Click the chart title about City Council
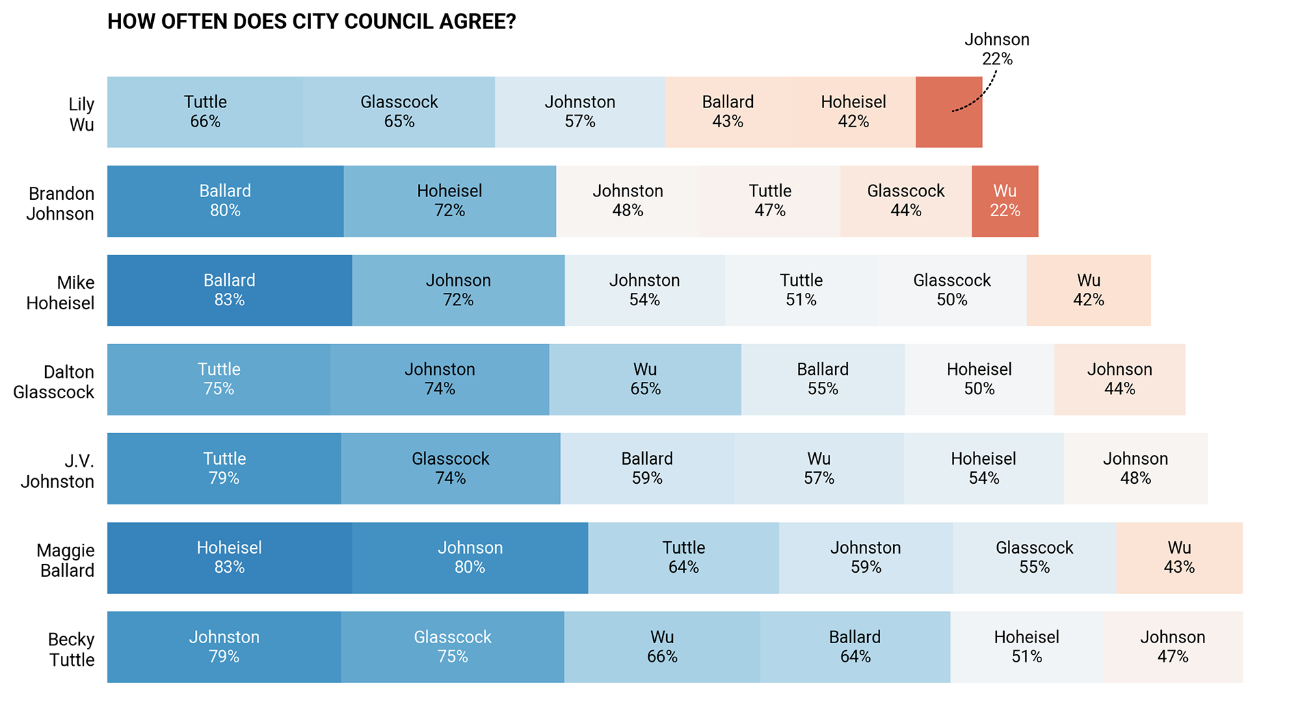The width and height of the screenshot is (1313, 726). click(x=311, y=22)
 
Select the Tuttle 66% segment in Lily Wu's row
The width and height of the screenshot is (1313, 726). click(x=205, y=112)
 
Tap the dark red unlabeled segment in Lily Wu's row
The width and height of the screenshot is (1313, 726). click(x=949, y=112)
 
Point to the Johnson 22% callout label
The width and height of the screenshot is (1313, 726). click(x=996, y=49)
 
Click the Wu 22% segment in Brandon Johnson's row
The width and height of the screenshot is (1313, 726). click(x=1005, y=201)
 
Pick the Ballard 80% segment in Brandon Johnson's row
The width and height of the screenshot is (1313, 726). click(x=225, y=201)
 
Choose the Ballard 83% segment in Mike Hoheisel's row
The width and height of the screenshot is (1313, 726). click(x=229, y=291)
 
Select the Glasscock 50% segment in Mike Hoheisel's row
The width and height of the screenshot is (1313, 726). click(x=951, y=291)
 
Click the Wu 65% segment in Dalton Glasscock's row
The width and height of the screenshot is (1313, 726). click(x=645, y=380)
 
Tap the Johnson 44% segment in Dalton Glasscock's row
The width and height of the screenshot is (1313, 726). click(x=1119, y=380)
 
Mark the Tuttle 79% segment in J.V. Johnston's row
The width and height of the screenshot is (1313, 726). click(x=224, y=469)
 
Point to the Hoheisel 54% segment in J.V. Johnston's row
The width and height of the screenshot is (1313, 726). click(x=983, y=469)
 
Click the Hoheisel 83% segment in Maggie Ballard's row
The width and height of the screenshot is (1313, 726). click(x=229, y=558)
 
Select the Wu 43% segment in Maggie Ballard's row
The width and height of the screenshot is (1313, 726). click(x=1179, y=558)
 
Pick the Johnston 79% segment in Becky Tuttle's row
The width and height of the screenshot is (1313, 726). click(x=224, y=647)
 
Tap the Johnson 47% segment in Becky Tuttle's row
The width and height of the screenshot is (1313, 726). click(x=1172, y=647)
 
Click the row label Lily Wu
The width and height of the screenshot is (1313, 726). click(x=81, y=114)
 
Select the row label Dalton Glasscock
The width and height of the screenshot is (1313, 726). click(x=54, y=382)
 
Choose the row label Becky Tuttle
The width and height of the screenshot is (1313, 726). click(x=71, y=649)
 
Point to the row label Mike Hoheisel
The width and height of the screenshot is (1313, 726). click(x=61, y=293)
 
